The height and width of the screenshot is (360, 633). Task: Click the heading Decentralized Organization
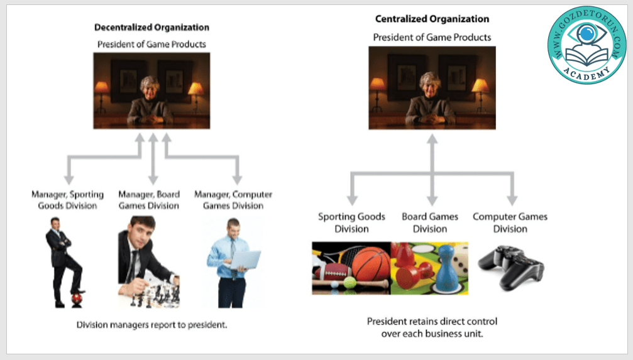[151, 28]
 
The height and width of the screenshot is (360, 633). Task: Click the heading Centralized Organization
[432, 19]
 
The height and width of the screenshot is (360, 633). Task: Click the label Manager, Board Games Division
[149, 200]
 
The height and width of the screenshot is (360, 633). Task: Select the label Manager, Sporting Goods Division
[67, 200]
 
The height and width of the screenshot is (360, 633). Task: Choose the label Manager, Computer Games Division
[233, 200]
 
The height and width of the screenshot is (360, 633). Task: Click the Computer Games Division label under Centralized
[510, 222]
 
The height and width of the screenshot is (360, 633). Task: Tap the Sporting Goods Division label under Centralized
[351, 222]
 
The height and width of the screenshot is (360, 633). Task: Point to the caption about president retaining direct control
[432, 327]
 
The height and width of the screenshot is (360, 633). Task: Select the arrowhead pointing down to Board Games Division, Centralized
[431, 200]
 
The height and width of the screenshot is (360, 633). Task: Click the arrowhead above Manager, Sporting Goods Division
[67, 180]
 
